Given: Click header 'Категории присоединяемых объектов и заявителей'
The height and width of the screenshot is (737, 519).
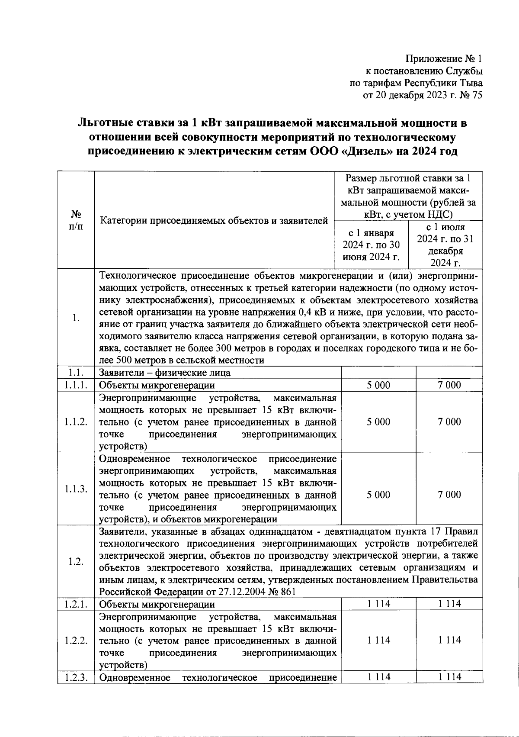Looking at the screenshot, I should click(x=214, y=221).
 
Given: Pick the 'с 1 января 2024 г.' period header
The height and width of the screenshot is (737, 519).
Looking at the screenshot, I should click(x=371, y=245).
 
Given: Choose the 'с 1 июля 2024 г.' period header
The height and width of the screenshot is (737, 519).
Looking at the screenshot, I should click(x=445, y=245).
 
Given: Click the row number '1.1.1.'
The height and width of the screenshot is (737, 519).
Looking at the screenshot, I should click(x=76, y=385).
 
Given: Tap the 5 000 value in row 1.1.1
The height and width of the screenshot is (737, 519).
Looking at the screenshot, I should click(x=378, y=385).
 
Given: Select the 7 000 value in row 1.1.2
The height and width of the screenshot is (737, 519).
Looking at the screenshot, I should click(x=449, y=422).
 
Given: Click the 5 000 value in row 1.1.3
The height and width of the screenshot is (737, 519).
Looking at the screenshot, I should click(x=378, y=495).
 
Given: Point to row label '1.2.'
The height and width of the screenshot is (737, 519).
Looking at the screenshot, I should click(x=76, y=561).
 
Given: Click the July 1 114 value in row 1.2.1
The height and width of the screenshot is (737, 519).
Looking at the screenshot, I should click(x=449, y=604).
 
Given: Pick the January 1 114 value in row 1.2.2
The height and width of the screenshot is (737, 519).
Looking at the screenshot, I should click(x=378, y=640).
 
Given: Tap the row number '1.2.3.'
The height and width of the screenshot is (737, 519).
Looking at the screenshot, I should click(x=76, y=677).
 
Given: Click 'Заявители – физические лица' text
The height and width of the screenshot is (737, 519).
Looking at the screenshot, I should click(x=165, y=373).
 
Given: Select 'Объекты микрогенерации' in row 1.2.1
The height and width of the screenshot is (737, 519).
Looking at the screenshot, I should click(x=157, y=604).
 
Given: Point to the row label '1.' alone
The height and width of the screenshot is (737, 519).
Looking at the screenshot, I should click(x=76, y=318).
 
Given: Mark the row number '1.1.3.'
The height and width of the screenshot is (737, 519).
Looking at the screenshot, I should click(x=76, y=489).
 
